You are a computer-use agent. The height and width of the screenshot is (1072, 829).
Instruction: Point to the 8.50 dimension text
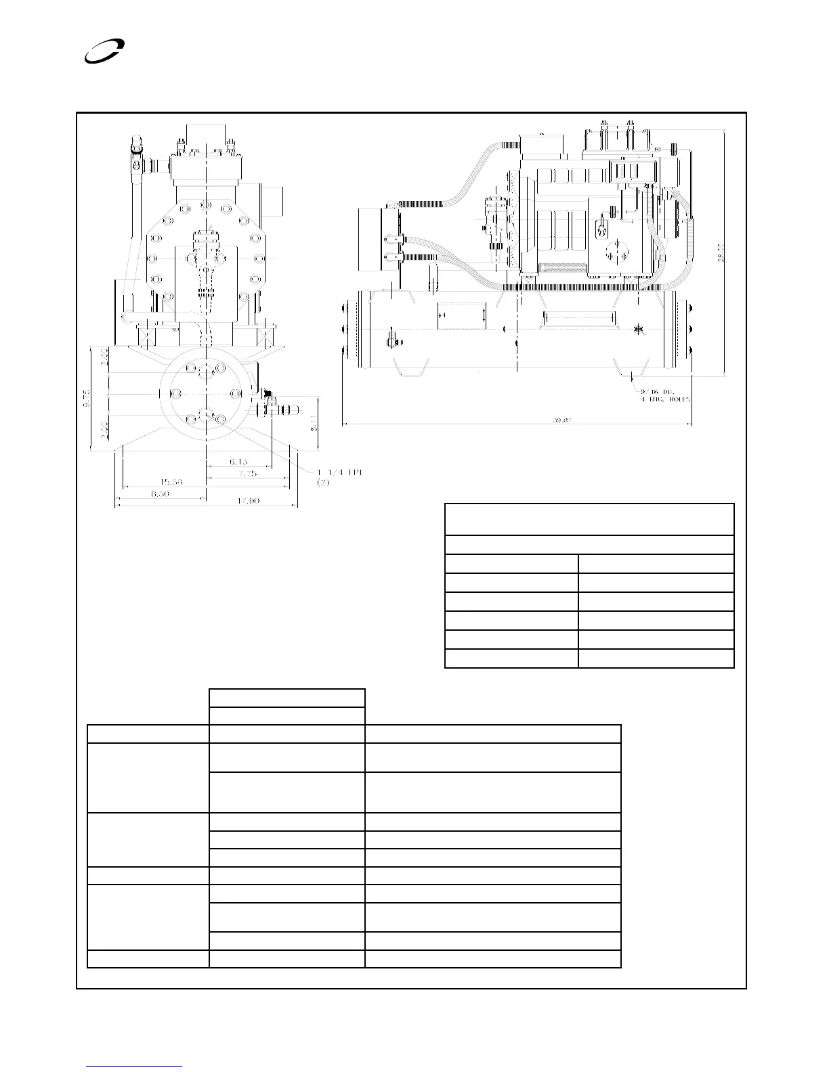tap(160, 494)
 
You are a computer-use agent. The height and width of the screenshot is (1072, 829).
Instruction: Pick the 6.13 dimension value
tap(238, 462)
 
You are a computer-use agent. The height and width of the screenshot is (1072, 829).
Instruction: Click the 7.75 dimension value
tap(247, 474)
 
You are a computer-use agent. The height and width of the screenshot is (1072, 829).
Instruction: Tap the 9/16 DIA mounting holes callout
tap(667, 395)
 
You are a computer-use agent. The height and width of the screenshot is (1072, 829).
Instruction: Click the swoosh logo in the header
tap(103, 51)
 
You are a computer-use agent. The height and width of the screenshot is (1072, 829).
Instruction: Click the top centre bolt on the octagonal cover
tap(205, 204)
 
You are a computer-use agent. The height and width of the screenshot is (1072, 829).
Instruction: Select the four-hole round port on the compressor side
tap(616, 251)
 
